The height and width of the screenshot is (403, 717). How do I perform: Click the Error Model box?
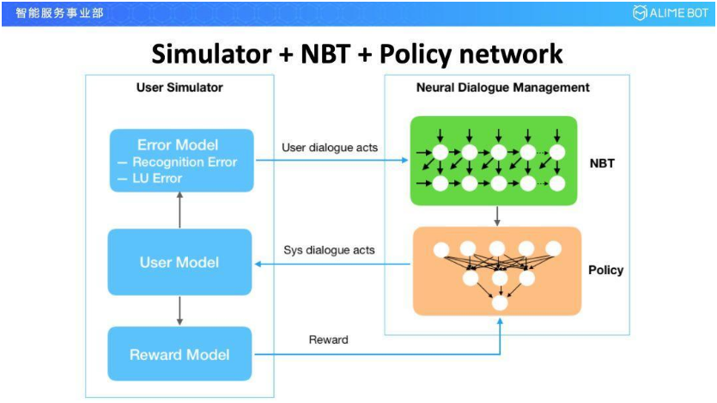(179, 160)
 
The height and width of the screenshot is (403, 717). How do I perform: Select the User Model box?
(179, 262)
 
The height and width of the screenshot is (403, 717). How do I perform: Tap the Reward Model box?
(179, 354)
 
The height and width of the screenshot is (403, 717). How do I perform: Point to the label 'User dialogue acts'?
(330, 148)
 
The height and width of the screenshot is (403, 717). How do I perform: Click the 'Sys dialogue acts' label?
(329, 251)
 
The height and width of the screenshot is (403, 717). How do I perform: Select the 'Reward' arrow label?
(329, 340)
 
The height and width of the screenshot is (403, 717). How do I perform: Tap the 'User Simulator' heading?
(179, 88)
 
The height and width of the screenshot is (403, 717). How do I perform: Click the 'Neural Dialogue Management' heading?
(503, 88)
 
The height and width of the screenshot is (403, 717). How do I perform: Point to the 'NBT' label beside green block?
(603, 163)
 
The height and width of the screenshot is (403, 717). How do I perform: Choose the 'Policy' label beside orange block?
(606, 271)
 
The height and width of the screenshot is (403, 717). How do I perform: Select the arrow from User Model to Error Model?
(179, 210)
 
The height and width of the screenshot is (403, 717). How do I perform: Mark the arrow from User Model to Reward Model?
(179, 310)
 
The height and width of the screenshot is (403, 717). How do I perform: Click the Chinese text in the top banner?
(59, 13)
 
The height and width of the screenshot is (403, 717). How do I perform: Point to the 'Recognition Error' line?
(184, 162)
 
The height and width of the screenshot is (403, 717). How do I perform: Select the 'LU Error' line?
(156, 178)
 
